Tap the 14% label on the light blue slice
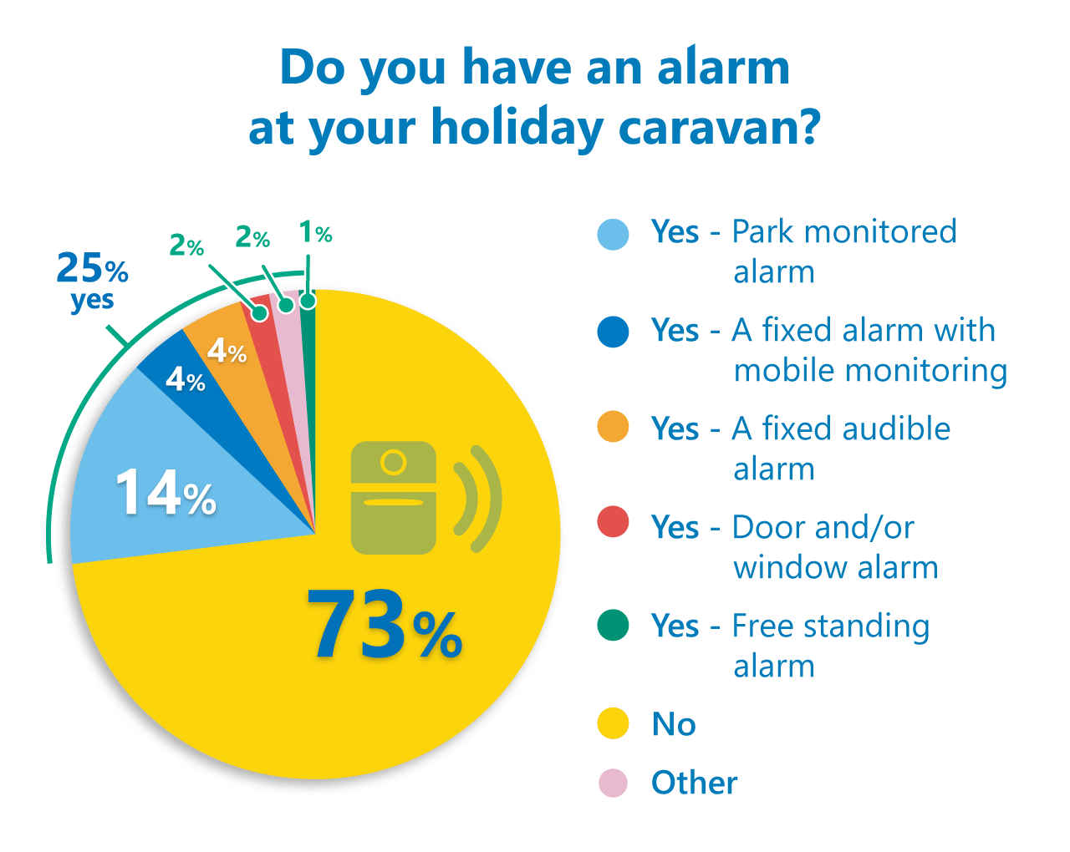click(166, 492)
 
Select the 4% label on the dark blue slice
click(185, 380)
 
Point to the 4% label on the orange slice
click(227, 351)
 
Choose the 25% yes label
click(92, 280)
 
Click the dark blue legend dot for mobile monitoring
click(613, 332)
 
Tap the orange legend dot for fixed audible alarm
click(613, 428)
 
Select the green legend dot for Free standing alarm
click(613, 625)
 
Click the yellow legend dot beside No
click(613, 723)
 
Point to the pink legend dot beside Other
click(613, 783)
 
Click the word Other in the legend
click(694, 783)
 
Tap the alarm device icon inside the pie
click(394, 498)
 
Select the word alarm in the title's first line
click(724, 67)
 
